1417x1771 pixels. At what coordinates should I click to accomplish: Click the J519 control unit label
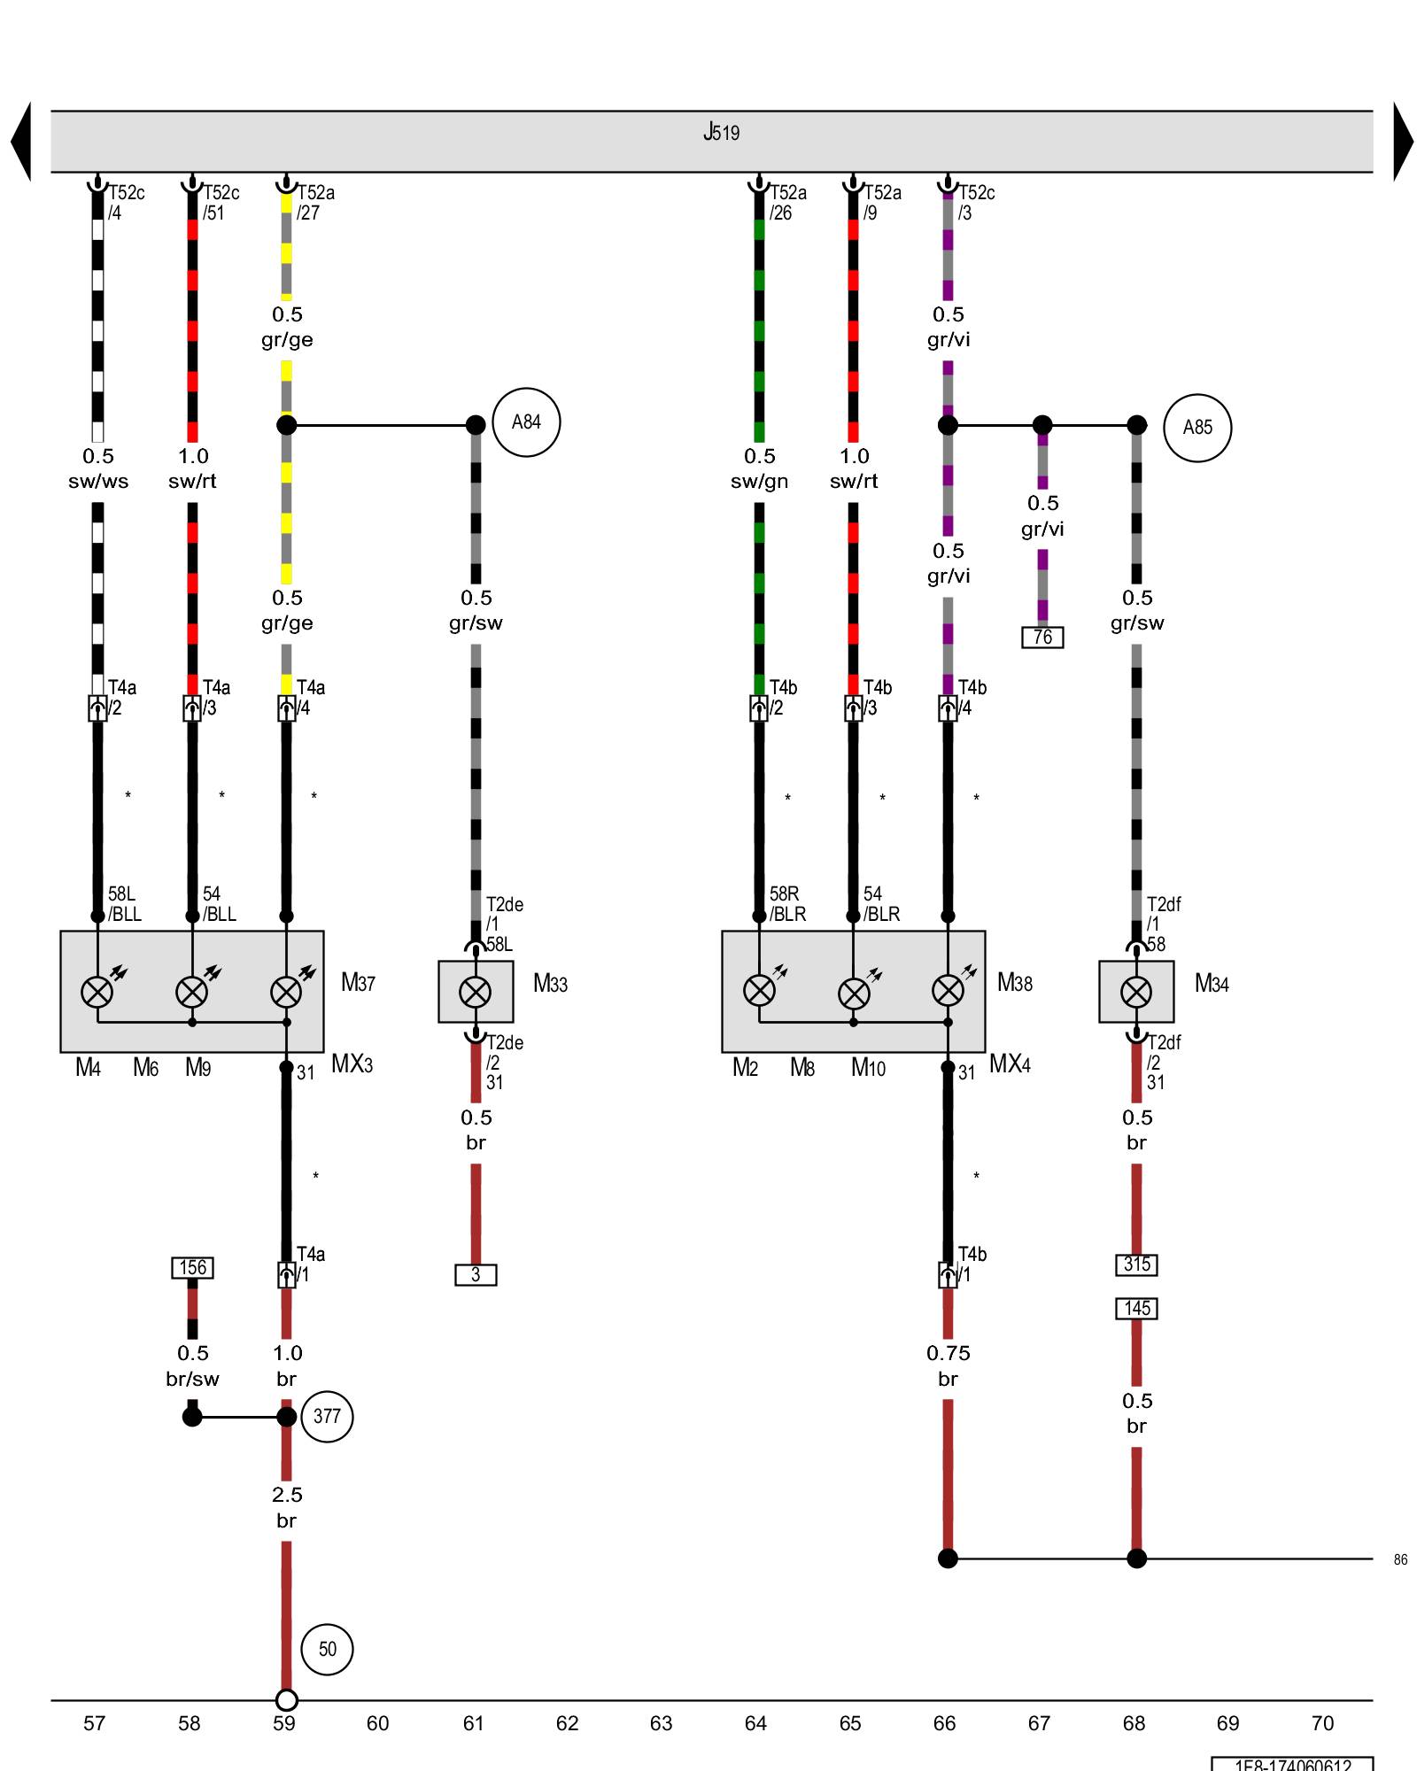pyautogui.click(x=721, y=133)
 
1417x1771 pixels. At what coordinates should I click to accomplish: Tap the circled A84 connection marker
pyautogui.click(x=526, y=422)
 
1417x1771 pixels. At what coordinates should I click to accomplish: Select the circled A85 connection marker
pyautogui.click(x=1197, y=428)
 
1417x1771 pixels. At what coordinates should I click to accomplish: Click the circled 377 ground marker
pyautogui.click(x=327, y=1417)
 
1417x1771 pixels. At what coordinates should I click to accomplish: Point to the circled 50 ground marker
pyautogui.click(x=327, y=1649)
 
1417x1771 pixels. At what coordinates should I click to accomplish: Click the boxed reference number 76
pyautogui.click(x=1042, y=638)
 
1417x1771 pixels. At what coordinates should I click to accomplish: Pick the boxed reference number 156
pyautogui.click(x=192, y=1268)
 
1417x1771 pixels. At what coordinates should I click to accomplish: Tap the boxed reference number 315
pyautogui.click(x=1136, y=1264)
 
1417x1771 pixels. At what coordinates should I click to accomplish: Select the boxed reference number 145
pyautogui.click(x=1136, y=1309)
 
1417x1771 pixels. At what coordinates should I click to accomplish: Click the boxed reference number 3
pyautogui.click(x=476, y=1275)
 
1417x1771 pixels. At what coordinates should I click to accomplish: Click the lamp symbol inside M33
pyautogui.click(x=476, y=992)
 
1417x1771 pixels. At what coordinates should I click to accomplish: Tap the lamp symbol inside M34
pyautogui.click(x=1136, y=992)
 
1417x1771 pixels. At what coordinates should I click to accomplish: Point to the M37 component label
pyautogui.click(x=359, y=983)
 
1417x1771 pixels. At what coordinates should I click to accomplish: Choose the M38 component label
pyautogui.click(x=1015, y=983)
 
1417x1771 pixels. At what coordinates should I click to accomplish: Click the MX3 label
pyautogui.click(x=352, y=1063)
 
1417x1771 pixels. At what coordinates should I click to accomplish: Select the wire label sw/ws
pyautogui.click(x=98, y=482)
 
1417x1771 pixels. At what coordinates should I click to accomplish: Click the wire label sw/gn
pyautogui.click(x=759, y=482)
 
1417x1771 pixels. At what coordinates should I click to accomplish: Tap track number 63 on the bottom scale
pyautogui.click(x=661, y=1723)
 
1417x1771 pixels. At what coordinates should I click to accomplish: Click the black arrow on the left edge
pyautogui.click(x=21, y=142)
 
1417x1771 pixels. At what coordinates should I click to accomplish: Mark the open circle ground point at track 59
pyautogui.click(x=286, y=1700)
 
